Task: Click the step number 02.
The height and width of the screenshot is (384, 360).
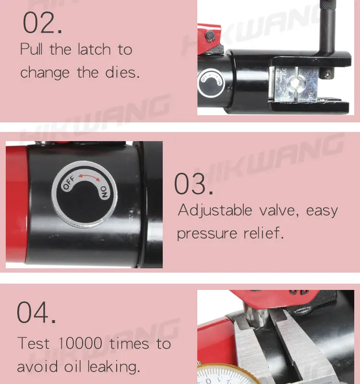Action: point(42,23)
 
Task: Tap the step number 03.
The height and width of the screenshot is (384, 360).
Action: point(193,184)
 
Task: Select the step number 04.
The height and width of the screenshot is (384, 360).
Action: point(36,312)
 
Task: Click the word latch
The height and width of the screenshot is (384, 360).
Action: point(94,49)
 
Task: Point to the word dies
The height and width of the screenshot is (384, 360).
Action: point(122,72)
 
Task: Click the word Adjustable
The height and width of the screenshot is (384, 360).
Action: point(215,211)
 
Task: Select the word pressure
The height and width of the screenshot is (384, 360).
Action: point(207,234)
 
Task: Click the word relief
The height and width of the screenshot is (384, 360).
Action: point(264,233)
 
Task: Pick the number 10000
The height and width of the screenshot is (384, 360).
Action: point(80,343)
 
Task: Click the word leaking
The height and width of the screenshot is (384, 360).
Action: point(114,367)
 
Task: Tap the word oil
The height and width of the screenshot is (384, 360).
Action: point(72,366)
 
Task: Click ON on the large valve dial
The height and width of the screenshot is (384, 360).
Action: point(104,192)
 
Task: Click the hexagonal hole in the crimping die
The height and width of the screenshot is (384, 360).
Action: point(297,83)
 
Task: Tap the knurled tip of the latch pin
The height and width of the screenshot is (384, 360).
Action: point(328,5)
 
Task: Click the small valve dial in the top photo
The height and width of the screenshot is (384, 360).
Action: point(211,83)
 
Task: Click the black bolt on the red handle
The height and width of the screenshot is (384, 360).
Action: point(209,35)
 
